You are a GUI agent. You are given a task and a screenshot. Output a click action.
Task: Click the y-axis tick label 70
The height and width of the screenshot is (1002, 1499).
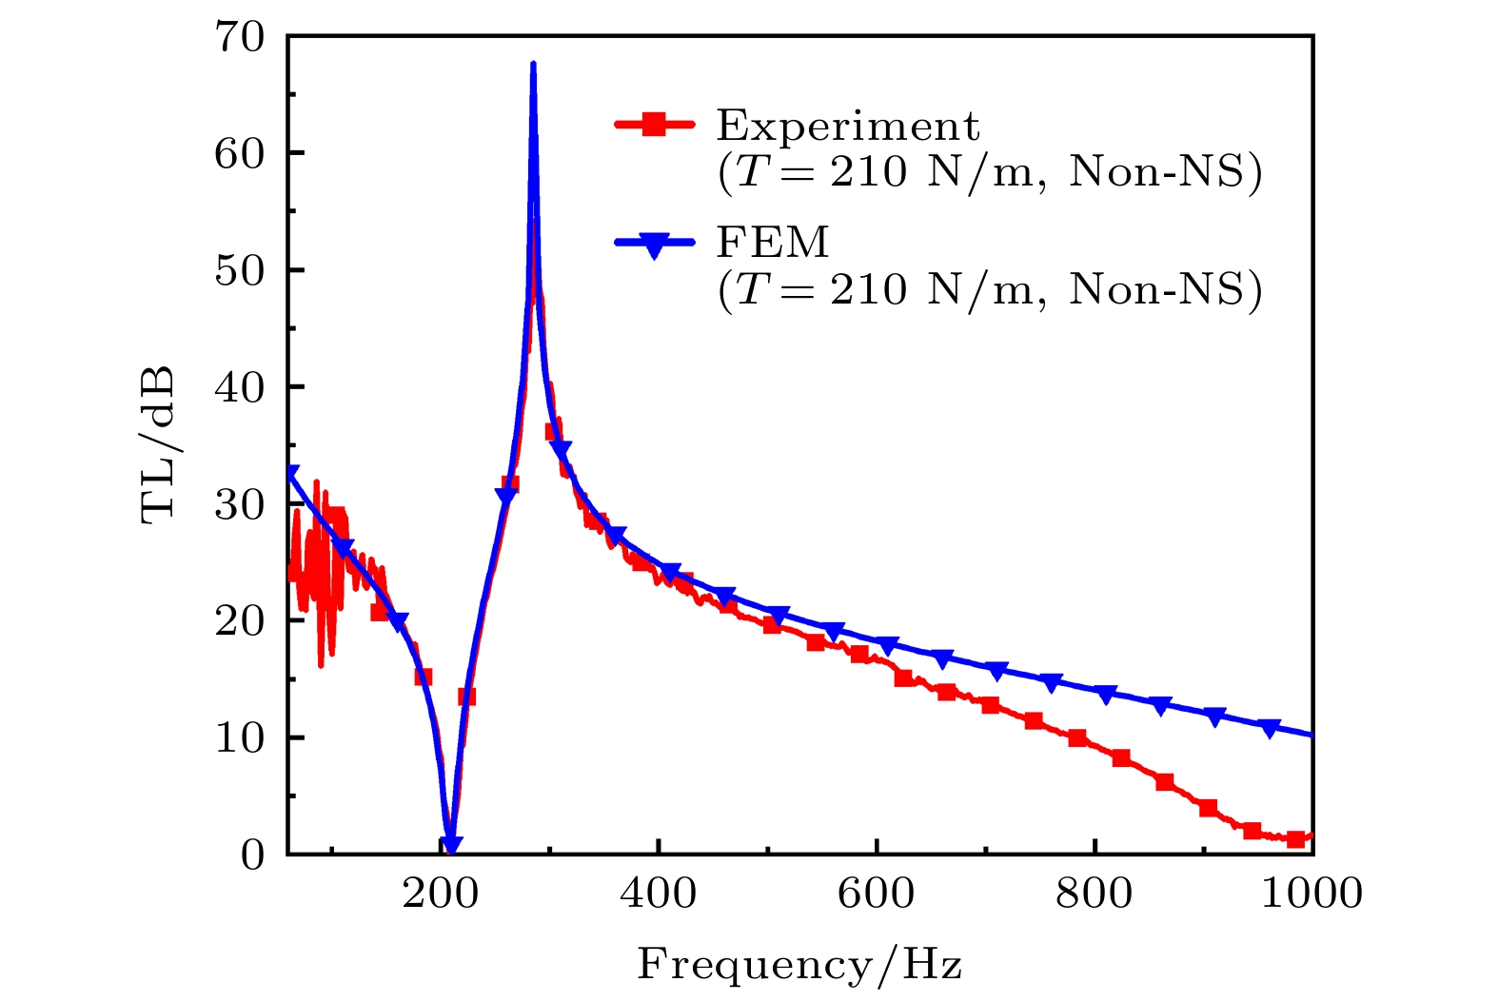pyautogui.click(x=238, y=38)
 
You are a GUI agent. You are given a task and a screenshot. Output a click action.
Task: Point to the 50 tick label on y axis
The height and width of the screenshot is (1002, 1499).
pyautogui.click(x=238, y=271)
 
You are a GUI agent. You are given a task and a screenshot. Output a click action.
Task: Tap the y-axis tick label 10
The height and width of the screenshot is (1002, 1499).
pyautogui.click(x=238, y=738)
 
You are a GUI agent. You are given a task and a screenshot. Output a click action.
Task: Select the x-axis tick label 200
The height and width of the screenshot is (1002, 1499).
pyautogui.click(x=441, y=894)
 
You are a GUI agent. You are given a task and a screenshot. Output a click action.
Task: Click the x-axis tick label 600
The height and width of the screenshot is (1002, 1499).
pyautogui.click(x=877, y=894)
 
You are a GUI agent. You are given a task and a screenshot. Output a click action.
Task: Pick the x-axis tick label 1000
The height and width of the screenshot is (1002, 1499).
pyautogui.click(x=1312, y=894)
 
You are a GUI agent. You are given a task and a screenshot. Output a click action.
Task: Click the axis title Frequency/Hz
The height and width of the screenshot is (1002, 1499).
pyautogui.click(x=799, y=965)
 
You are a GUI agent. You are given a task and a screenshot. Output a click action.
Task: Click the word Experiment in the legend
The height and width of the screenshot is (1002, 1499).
pyautogui.click(x=847, y=126)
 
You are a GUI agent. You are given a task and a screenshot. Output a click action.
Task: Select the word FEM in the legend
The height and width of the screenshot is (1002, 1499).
pyautogui.click(x=773, y=243)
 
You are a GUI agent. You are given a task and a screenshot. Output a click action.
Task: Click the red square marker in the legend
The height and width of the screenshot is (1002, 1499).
pyautogui.click(x=654, y=124)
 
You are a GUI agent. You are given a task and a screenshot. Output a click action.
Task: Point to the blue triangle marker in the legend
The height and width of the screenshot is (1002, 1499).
pyautogui.click(x=654, y=246)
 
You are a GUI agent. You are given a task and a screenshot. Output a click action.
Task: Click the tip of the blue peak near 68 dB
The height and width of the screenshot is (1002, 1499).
pyautogui.click(x=533, y=64)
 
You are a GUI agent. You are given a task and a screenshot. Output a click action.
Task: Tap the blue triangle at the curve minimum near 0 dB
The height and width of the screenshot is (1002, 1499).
pyautogui.click(x=452, y=844)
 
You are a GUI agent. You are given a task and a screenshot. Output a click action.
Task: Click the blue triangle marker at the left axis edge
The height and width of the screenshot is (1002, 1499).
pyautogui.click(x=290, y=474)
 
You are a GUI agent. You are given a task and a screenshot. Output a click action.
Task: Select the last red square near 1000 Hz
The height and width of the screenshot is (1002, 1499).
pyautogui.click(x=1295, y=838)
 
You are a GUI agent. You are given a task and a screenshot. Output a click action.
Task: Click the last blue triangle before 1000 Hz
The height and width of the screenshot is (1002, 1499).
pyautogui.click(x=1269, y=728)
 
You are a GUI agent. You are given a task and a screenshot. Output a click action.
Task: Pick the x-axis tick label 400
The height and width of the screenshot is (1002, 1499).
pyautogui.click(x=659, y=894)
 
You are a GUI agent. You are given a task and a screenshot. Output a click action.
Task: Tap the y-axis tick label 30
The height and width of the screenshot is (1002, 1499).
pyautogui.click(x=238, y=504)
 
